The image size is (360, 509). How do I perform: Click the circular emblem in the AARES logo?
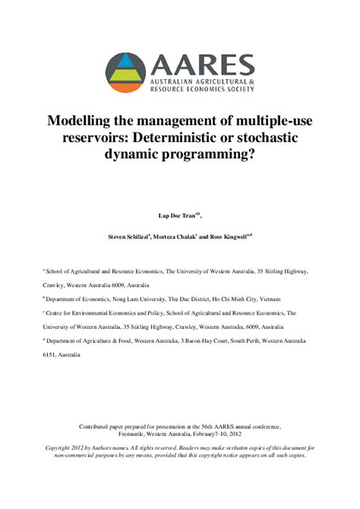(126, 72)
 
